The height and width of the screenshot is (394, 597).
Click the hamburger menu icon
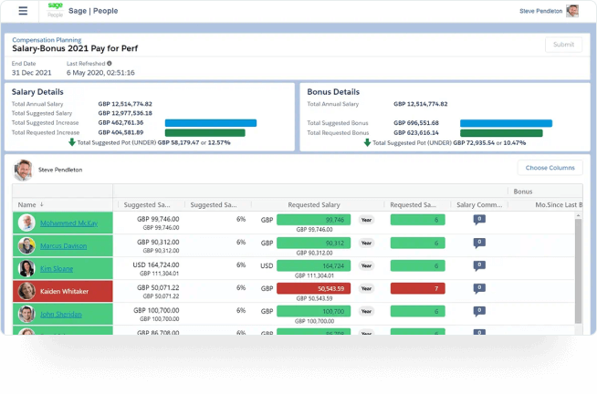pos(23,11)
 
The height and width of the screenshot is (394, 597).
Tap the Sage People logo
pos(56,11)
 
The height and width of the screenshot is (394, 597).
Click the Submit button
pos(563,45)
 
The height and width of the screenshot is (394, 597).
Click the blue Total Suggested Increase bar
pos(210,122)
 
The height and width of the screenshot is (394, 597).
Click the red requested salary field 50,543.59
pos(314,289)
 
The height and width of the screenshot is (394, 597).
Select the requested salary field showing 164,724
pos(314,266)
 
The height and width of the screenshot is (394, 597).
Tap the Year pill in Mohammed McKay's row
pos(366,220)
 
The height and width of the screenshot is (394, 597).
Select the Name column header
pos(26,205)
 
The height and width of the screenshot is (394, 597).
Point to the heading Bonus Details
pos(333,92)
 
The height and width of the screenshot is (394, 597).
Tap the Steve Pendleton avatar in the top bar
pos(572,11)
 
